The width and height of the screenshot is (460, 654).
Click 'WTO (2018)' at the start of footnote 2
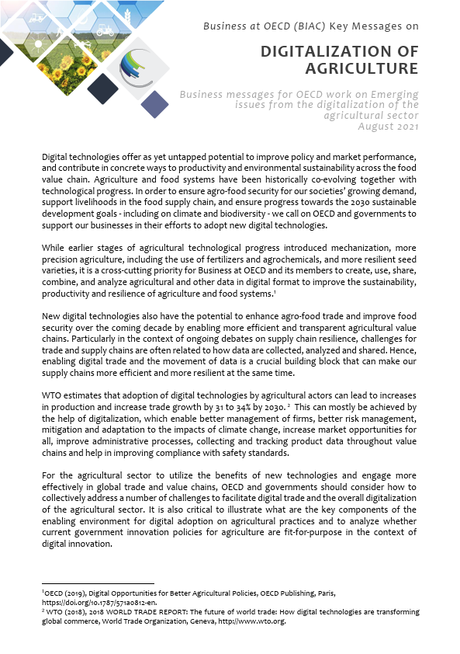click(x=65, y=612)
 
